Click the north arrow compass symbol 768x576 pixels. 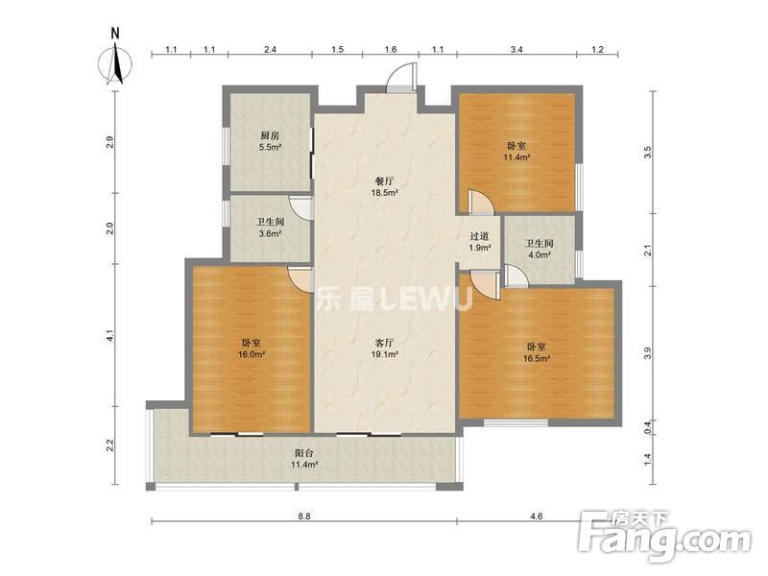click(x=115, y=63)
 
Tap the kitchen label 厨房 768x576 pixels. click(x=270, y=135)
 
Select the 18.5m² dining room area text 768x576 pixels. click(x=385, y=193)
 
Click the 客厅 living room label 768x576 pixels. click(x=385, y=343)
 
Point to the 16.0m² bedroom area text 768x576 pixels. click(x=252, y=354)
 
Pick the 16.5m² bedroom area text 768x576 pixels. click(x=537, y=358)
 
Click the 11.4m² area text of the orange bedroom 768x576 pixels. click(x=516, y=157)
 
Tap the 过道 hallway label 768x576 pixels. click(x=479, y=236)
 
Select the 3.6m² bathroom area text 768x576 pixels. click(x=270, y=233)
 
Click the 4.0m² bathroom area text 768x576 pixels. click(x=540, y=254)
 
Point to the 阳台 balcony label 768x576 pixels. click(x=304, y=453)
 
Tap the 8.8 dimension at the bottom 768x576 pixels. click(x=304, y=516)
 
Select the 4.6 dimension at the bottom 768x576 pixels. click(x=537, y=516)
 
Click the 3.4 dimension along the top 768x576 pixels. click(x=516, y=50)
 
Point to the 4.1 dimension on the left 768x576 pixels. click(x=110, y=336)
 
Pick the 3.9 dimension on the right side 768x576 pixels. click(x=648, y=352)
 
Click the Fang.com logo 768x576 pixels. click(x=663, y=537)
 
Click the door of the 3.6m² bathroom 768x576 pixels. click(x=300, y=208)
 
